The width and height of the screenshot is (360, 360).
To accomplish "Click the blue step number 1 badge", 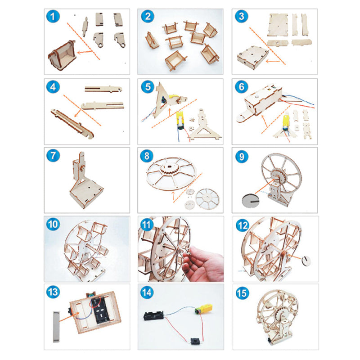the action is pyautogui.click(x=53, y=17).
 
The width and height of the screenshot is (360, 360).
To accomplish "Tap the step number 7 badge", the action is pyautogui.click(x=53, y=155).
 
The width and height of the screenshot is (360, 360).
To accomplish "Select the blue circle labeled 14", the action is pyautogui.click(x=147, y=292).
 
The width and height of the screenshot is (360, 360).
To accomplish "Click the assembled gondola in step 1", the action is pyautogui.click(x=62, y=55).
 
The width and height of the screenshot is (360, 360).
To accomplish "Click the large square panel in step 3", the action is pyautogui.click(x=278, y=25).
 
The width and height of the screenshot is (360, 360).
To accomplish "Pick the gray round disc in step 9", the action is pyautogui.click(x=251, y=201).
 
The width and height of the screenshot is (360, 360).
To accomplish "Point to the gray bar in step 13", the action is pyautogui.click(x=56, y=327).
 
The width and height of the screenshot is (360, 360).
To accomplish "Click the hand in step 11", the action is pyautogui.click(x=203, y=264).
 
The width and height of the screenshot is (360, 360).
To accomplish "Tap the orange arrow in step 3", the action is pyautogui.click(x=273, y=61).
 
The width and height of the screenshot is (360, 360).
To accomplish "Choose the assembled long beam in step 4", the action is pyautogui.click(x=72, y=124).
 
